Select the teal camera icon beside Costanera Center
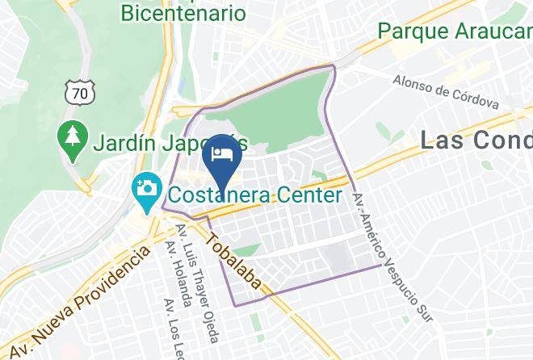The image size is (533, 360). point(147,193)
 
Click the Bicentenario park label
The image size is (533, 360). point(183,13)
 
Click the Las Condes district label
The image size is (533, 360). point(476,140)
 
